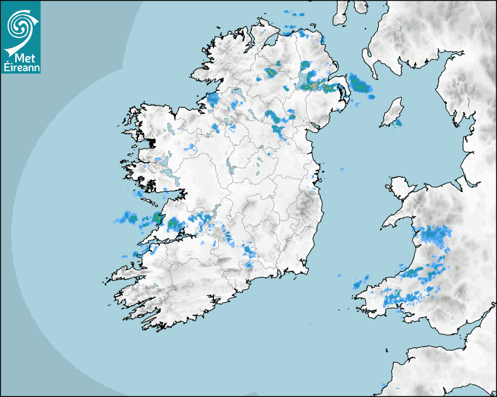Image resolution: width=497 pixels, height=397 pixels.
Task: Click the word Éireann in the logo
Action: coord(20,67)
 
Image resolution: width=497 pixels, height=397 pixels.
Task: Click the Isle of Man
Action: coord(392,112)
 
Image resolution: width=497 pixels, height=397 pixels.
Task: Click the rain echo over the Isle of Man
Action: coord(398,123)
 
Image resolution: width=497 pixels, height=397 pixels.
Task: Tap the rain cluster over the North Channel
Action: coord(360,83)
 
